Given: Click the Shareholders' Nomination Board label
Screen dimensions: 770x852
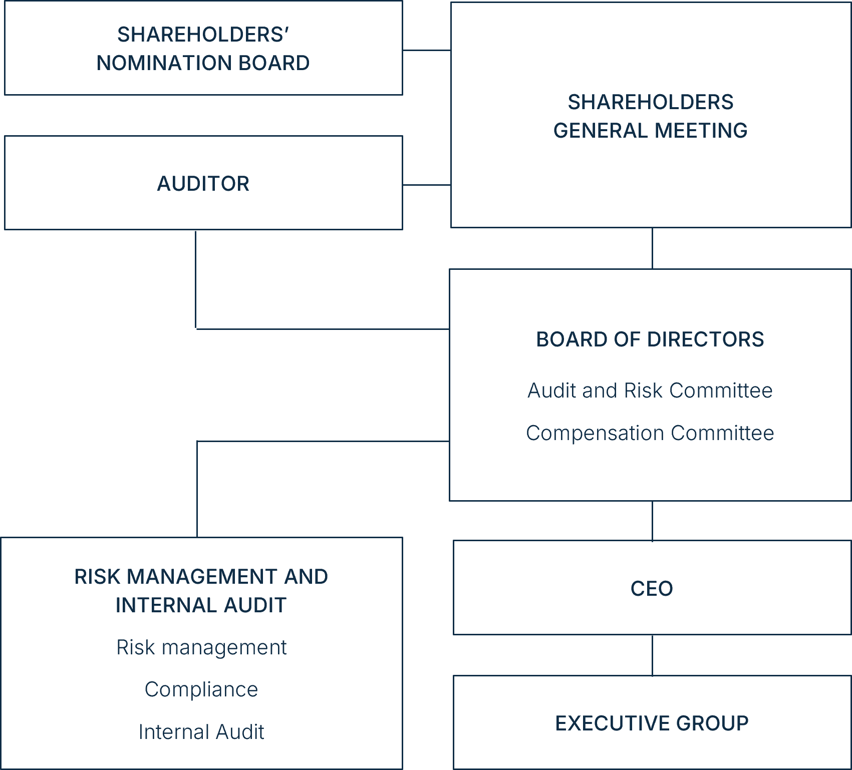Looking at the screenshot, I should pyautogui.click(x=203, y=49).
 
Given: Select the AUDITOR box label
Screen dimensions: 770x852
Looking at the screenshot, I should pyautogui.click(x=203, y=184).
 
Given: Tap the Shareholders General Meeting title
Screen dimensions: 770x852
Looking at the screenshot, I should pyautogui.click(x=650, y=116).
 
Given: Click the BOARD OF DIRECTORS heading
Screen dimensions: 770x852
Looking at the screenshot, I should pyautogui.click(x=650, y=339).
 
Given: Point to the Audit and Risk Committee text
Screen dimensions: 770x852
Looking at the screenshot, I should pyautogui.click(x=650, y=391).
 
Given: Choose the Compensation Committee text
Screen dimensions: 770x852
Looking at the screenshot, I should pyautogui.click(x=650, y=433).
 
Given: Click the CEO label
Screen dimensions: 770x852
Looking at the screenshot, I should pyautogui.click(x=652, y=589).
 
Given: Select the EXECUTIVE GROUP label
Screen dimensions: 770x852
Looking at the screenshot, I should pyautogui.click(x=652, y=723).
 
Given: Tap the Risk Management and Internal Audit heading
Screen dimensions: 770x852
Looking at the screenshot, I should pyautogui.click(x=201, y=591).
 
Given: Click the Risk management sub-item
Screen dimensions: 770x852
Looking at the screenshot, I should pyautogui.click(x=201, y=647).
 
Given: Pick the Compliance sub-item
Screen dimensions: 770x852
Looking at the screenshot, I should pyautogui.click(x=201, y=689).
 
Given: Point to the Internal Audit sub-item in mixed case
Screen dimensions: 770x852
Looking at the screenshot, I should pyautogui.click(x=201, y=732).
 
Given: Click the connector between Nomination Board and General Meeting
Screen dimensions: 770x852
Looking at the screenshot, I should pyautogui.click(x=427, y=50).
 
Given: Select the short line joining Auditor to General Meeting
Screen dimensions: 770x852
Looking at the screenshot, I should pyautogui.click(x=427, y=185).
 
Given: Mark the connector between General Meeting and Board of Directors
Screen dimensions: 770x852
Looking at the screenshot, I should pyautogui.click(x=652, y=248).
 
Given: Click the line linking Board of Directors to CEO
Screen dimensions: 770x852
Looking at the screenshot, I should pyautogui.click(x=652, y=521).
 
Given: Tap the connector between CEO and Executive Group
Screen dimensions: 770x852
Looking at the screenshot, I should pyautogui.click(x=652, y=655).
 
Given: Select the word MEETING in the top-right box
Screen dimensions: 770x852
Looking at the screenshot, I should pyautogui.click(x=701, y=131).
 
